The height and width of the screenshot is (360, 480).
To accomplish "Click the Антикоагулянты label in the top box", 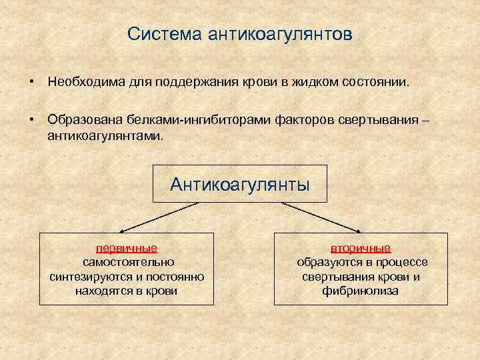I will (x=240, y=184).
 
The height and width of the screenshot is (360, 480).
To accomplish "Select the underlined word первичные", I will (x=127, y=248).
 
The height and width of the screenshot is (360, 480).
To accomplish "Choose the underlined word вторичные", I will (x=361, y=248).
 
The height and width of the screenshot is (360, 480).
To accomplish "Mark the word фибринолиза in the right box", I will (x=361, y=291).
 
